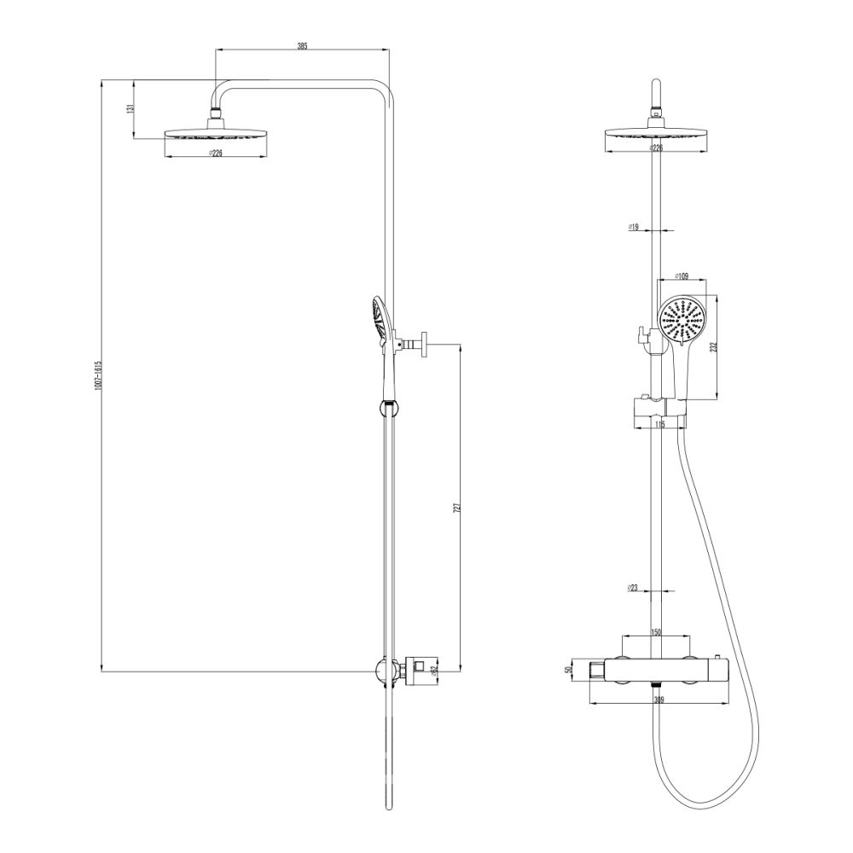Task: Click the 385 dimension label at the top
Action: [302, 46]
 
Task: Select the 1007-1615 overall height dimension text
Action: [98, 375]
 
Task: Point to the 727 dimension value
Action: [457, 508]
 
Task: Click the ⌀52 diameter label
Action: [435, 670]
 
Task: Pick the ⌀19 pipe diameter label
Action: [633, 227]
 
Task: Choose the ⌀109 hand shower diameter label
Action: [681, 276]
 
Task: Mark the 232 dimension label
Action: [714, 347]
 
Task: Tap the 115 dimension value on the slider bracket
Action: [659, 424]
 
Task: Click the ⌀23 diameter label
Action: [633, 588]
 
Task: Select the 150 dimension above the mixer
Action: [656, 632]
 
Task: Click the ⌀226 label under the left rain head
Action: [215, 154]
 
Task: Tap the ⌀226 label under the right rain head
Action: [656, 148]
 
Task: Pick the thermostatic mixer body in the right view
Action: [657, 670]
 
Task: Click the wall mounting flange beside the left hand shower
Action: [423, 345]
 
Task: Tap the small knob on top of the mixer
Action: [718, 656]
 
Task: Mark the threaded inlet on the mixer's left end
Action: [595, 671]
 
